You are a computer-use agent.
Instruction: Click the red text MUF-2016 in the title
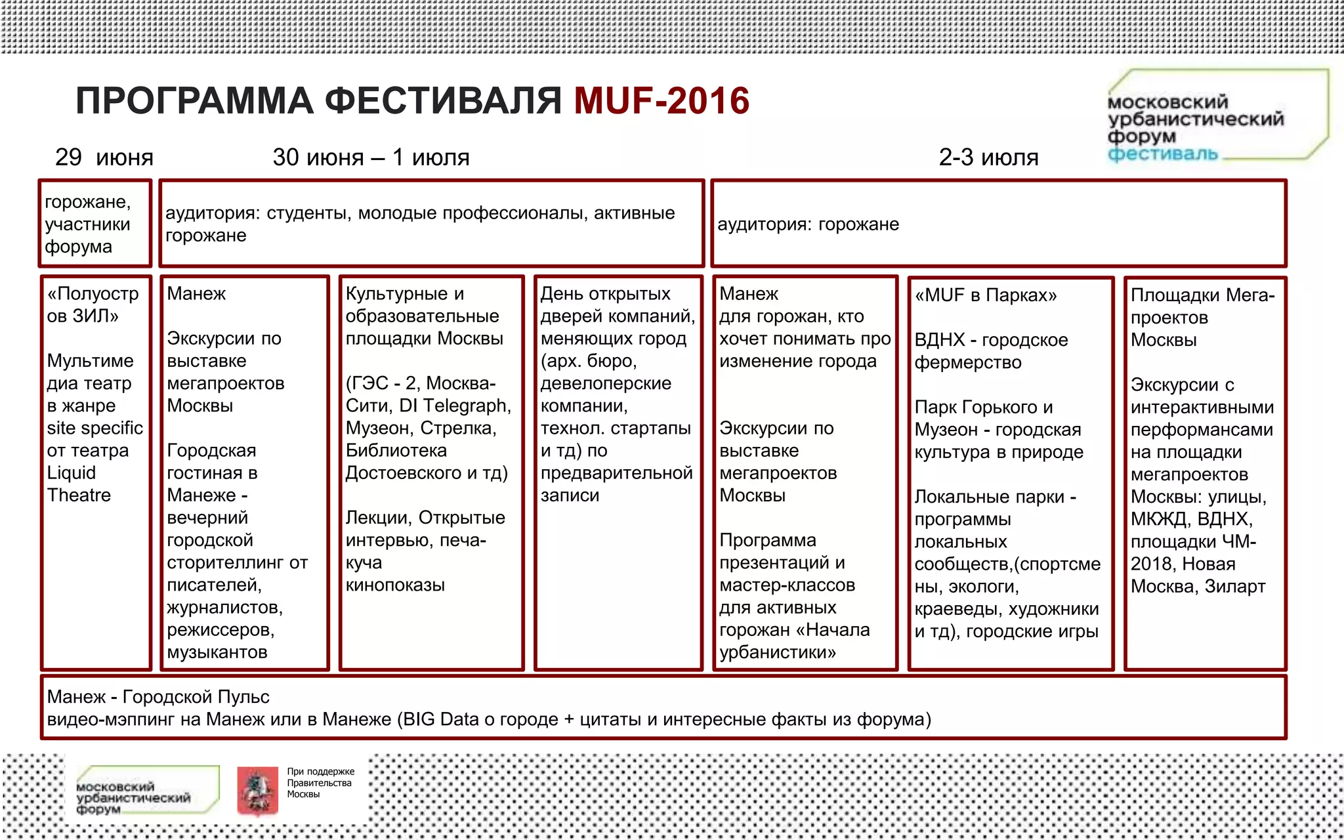(661, 101)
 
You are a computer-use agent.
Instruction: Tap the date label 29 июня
(104, 157)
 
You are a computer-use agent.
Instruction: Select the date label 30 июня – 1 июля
(371, 157)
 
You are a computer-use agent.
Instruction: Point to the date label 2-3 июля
(988, 157)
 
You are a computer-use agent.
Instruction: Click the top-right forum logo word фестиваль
(1162, 154)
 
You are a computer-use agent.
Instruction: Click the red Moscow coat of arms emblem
(257, 791)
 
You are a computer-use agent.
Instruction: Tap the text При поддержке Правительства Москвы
(320, 783)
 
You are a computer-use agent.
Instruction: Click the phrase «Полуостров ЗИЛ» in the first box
(93, 304)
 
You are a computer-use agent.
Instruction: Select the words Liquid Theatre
(78, 484)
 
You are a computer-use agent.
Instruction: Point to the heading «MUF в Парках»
(986, 295)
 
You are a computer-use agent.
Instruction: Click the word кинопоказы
(395, 585)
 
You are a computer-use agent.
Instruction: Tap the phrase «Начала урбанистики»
(794, 641)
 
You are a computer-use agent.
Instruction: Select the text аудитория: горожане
(808, 224)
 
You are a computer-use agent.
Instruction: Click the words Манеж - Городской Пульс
(158, 697)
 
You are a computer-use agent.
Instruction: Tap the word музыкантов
(217, 652)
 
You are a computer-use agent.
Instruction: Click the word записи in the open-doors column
(570, 495)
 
